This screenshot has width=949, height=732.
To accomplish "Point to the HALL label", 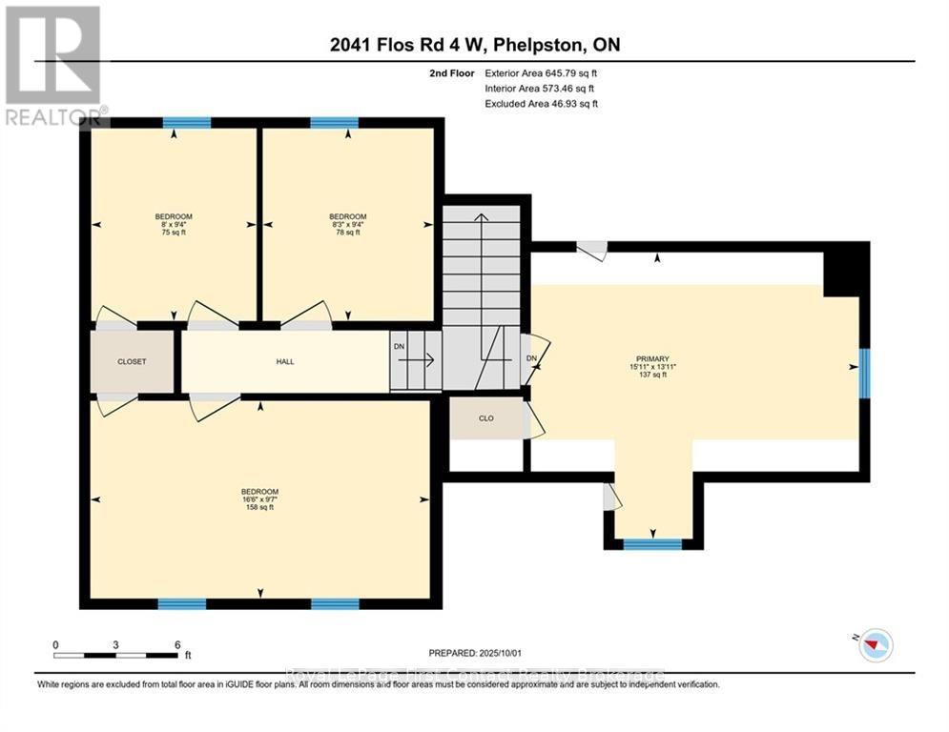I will click(x=285, y=362).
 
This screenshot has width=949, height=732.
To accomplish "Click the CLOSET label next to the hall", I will click(x=132, y=362).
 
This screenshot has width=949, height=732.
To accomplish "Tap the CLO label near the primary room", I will click(x=486, y=418).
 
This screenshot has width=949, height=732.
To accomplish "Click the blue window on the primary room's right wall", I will click(x=864, y=372).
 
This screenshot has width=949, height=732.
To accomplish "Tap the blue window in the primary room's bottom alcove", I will click(x=652, y=544).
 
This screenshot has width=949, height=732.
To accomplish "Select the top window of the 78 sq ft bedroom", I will click(x=334, y=122).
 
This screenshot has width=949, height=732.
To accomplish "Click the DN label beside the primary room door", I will click(x=532, y=358).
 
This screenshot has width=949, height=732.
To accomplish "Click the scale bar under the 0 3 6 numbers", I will click(x=116, y=655).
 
